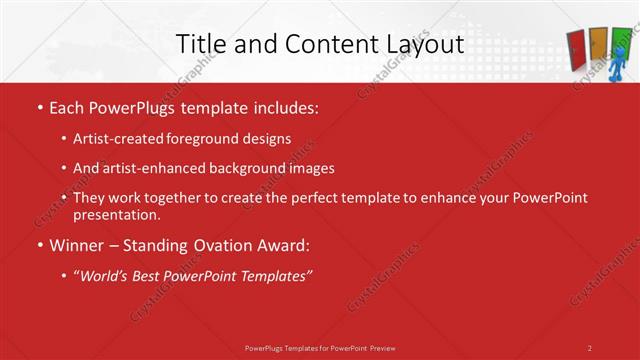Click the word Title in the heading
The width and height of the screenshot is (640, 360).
[199, 44]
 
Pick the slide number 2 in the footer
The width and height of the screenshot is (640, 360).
[590, 347]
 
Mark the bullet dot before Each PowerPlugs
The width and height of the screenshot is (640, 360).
[39, 106]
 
